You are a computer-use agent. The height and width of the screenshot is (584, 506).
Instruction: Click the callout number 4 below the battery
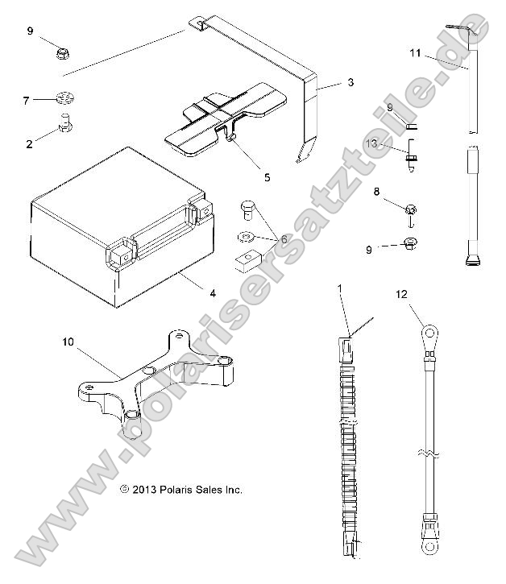click(x=212, y=293)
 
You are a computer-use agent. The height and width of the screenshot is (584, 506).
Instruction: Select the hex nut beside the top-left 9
click(x=61, y=53)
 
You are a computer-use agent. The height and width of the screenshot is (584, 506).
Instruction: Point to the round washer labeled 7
click(x=65, y=100)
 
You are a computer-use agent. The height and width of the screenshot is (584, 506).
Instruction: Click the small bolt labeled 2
click(x=64, y=124)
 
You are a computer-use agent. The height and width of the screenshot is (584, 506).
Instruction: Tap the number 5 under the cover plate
click(x=244, y=176)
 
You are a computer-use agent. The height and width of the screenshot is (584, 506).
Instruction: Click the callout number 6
click(x=284, y=239)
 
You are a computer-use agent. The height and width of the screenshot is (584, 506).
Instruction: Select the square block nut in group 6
click(x=247, y=259)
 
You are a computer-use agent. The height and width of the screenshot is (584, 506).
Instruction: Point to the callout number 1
click(x=340, y=288)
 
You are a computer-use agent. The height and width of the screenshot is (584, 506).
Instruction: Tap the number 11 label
click(x=415, y=54)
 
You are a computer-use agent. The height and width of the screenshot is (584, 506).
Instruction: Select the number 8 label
click(x=376, y=192)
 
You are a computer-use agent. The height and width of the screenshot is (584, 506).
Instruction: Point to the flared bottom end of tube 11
click(x=472, y=260)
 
